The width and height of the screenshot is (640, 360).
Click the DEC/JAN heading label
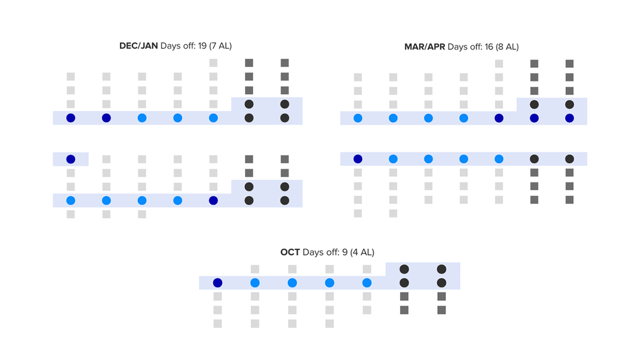(139, 46)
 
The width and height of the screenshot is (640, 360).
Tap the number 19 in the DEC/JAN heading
(202, 46)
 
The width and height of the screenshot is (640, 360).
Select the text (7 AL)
(220, 46)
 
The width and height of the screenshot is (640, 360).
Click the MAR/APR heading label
(425, 47)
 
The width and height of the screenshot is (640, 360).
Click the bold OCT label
(290, 252)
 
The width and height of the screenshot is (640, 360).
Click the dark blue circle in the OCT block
(218, 283)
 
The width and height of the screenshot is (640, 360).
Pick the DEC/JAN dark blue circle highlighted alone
(70, 159)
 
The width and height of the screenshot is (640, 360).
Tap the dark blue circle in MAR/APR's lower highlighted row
(358, 159)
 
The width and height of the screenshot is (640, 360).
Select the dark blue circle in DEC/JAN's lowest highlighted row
(213, 201)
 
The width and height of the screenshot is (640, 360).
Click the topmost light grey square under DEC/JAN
(213, 63)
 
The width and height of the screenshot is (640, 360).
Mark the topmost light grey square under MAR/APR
(499, 63)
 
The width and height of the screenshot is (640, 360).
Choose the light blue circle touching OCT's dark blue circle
(255, 283)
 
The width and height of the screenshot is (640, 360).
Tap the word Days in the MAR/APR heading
(457, 47)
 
